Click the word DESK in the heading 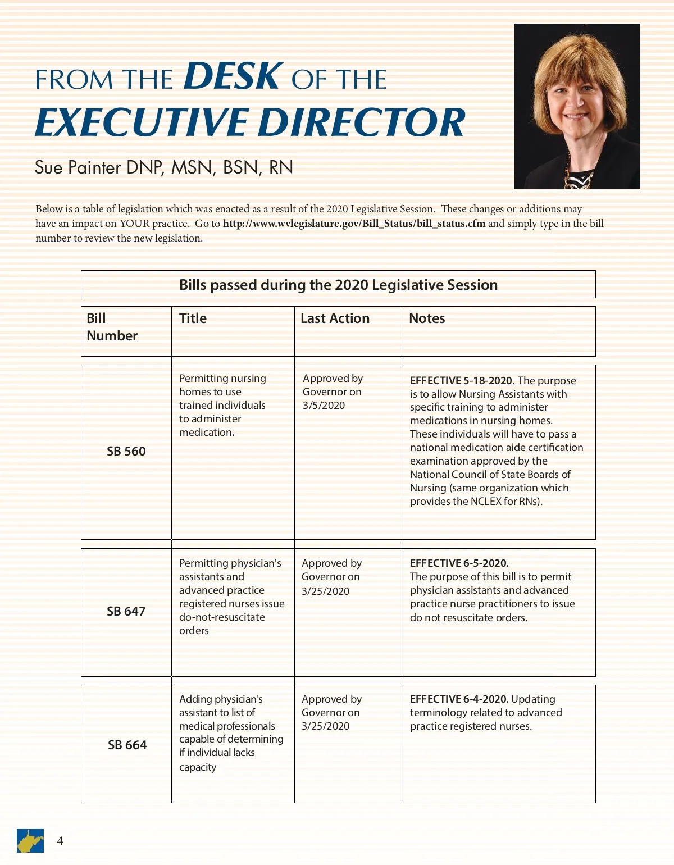click(233, 76)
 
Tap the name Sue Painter click(78, 167)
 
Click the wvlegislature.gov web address click(354, 224)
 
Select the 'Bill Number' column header click(112, 327)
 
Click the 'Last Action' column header click(335, 318)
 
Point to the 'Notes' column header click(427, 318)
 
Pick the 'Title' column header click(193, 318)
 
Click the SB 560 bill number click(126, 451)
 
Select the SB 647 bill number click(126, 611)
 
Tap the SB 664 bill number click(127, 745)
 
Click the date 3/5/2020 click(324, 406)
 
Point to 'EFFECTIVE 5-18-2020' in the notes click(462, 381)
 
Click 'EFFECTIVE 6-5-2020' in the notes click(459, 563)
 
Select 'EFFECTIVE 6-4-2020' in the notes click(459, 699)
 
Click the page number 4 click(60, 841)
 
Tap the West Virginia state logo click(30, 841)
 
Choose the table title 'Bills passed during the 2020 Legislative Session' click(338, 285)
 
